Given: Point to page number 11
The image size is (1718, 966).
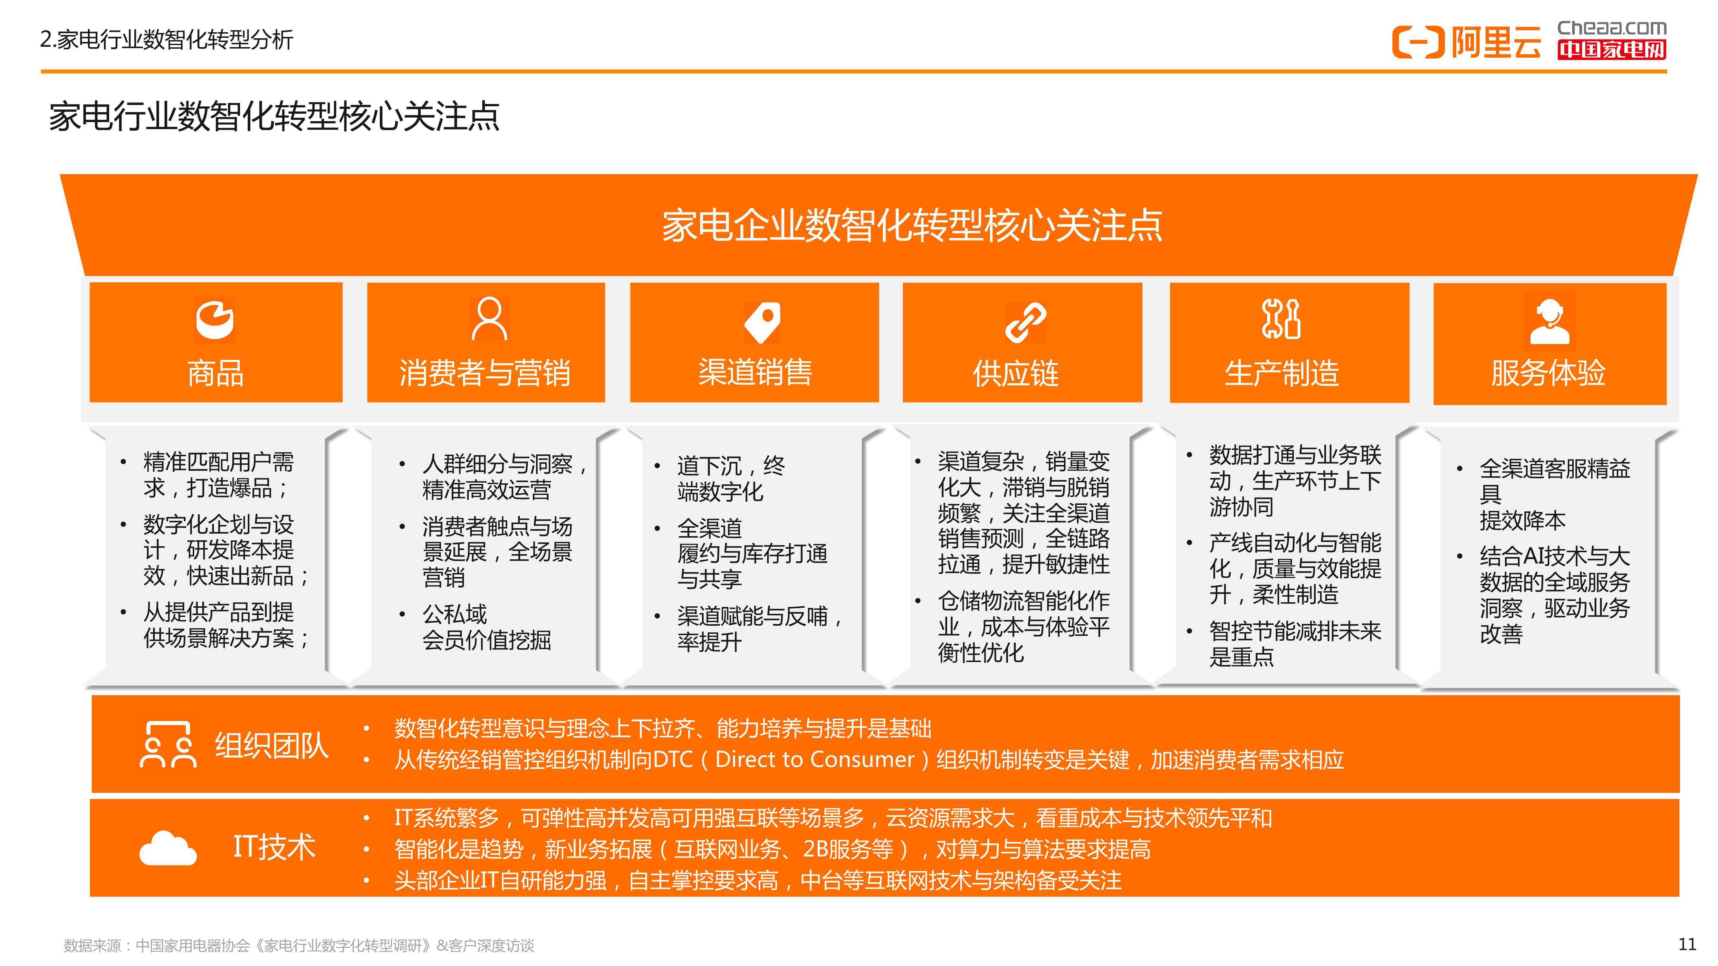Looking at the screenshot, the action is coord(1687,944).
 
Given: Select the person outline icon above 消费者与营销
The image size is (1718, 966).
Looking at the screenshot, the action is coord(489,319).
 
